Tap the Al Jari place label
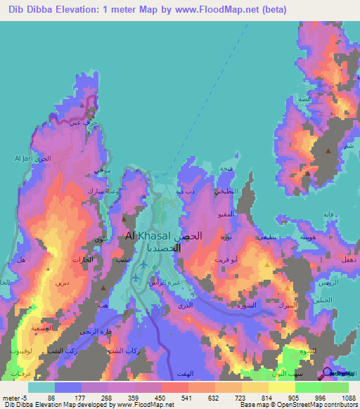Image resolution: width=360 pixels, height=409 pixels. [20, 160]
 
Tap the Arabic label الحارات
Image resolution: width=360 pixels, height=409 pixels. [82, 260]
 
